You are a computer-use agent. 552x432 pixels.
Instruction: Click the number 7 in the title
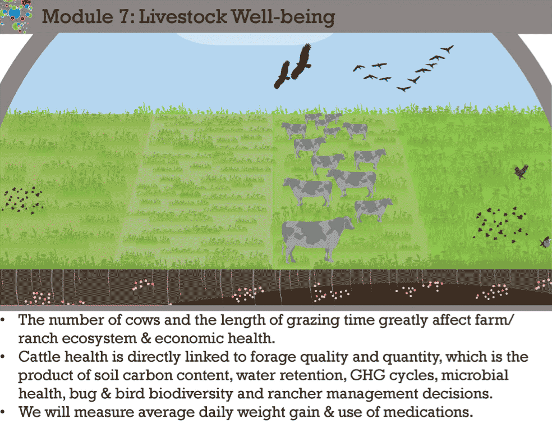point(125,17)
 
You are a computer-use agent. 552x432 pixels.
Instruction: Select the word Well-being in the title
point(283,17)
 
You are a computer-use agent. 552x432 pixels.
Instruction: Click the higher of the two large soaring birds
point(301,61)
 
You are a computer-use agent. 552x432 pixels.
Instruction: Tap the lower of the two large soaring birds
point(282,75)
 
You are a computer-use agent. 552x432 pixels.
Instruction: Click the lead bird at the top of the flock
point(447,49)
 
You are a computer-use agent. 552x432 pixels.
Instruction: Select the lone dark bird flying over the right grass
point(521,172)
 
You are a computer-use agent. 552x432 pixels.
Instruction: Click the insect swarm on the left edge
point(22,200)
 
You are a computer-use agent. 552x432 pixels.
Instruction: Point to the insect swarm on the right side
point(500,225)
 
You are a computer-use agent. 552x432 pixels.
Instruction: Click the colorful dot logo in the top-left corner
point(16,15)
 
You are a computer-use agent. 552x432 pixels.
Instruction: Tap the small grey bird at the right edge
point(545,242)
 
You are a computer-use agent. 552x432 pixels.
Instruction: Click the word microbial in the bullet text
point(475,375)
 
